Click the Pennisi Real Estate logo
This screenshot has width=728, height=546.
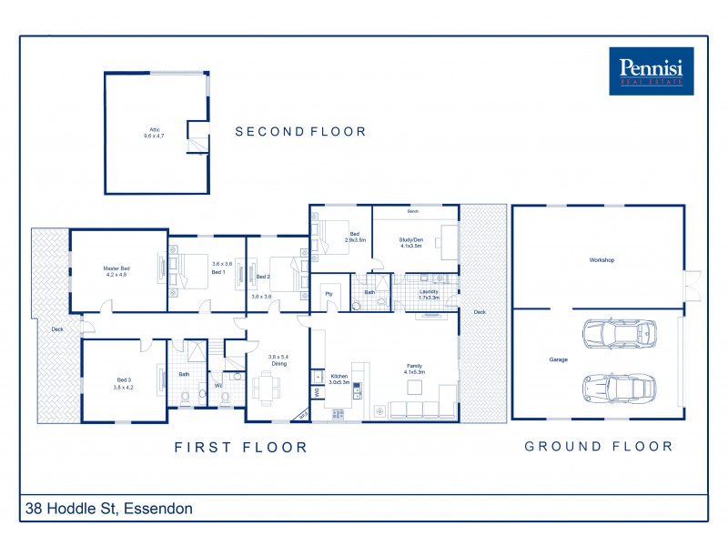click(x=651, y=71)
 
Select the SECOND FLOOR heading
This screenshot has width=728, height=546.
click(x=300, y=132)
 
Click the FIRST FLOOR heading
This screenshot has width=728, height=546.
click(x=241, y=447)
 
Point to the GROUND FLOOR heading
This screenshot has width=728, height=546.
click(x=599, y=447)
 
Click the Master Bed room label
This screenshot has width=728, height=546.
click(x=116, y=271)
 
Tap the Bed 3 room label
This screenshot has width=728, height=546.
click(x=124, y=383)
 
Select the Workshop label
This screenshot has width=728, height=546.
click(x=602, y=260)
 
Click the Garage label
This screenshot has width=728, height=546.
click(x=558, y=359)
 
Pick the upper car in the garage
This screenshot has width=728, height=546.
click(x=619, y=334)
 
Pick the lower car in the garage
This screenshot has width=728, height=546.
click(x=619, y=388)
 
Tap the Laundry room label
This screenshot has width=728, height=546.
click(x=429, y=294)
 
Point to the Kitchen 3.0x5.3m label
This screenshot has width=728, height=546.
click(x=339, y=379)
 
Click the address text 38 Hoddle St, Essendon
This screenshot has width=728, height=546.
click(x=108, y=509)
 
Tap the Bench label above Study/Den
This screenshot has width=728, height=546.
click(x=412, y=211)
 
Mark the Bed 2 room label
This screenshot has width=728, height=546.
click(x=263, y=277)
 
